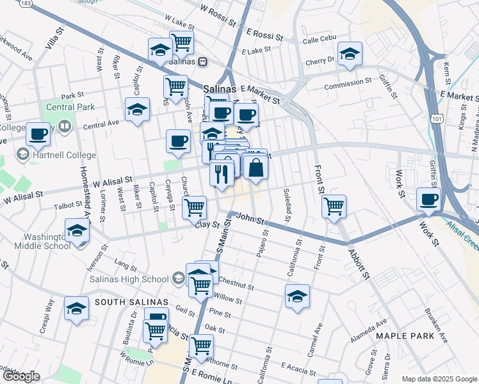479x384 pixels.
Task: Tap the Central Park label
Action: [x=69, y=107]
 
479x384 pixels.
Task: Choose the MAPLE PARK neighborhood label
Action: [x=405, y=335]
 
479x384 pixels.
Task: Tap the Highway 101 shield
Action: [x=436, y=119]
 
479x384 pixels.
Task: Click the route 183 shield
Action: [x=26, y=3]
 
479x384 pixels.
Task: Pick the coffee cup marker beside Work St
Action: [x=428, y=198]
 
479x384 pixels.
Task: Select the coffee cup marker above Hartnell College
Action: [x=38, y=134]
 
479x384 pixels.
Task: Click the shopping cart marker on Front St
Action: [x=334, y=207]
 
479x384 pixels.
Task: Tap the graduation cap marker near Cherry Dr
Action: [x=350, y=54]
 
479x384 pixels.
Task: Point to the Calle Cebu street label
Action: [x=318, y=40]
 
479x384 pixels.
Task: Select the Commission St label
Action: [x=348, y=83]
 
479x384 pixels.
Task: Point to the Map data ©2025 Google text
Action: [x=439, y=379]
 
